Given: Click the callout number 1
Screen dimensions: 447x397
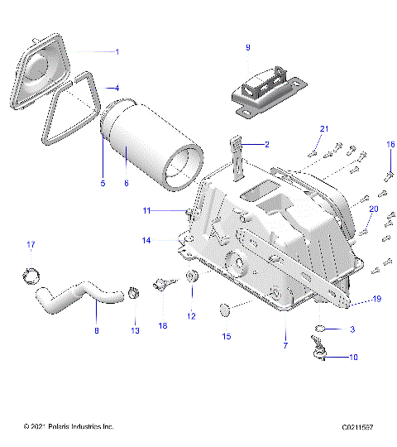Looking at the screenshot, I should [117, 51].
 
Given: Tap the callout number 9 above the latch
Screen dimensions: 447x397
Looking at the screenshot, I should [246, 48].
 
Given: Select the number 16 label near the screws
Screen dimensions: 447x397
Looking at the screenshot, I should [391, 144].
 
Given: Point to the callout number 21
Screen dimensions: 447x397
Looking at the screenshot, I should [324, 128].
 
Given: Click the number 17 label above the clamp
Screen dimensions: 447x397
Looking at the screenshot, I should [31, 244].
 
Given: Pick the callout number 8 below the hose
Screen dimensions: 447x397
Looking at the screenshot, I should [96, 331].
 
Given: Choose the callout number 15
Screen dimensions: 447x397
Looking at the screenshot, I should [225, 337].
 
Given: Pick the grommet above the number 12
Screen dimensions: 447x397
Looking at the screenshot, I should [191, 277].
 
